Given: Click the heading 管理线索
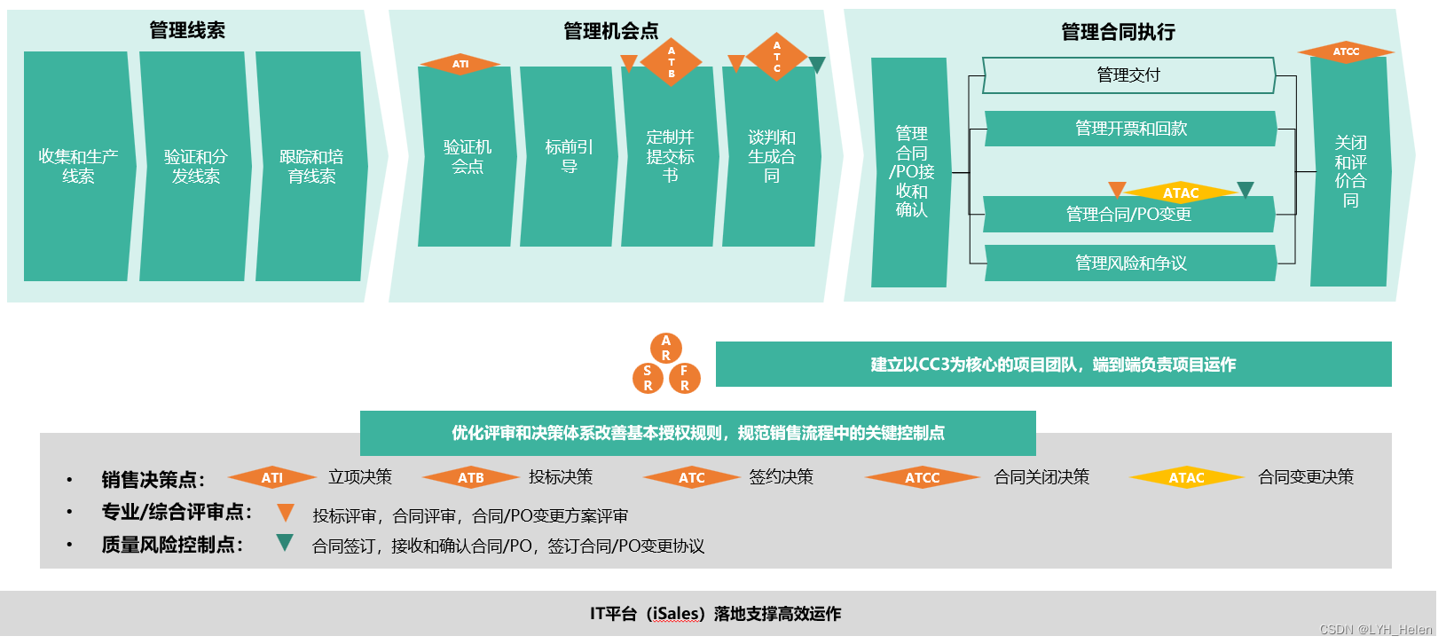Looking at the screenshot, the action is [x=187, y=30].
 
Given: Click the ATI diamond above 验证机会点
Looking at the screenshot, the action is [x=460, y=64].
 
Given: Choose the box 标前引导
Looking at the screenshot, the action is [x=568, y=157].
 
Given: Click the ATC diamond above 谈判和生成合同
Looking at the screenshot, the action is [x=776, y=57].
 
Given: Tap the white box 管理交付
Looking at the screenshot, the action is [x=1129, y=75].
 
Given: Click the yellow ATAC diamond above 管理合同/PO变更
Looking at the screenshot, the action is [x=1181, y=193].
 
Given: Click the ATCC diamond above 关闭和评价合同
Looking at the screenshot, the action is [x=1346, y=51].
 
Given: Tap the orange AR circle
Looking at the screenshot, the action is [x=666, y=349].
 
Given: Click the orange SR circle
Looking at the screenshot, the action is [x=648, y=379].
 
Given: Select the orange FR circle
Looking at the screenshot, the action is [x=684, y=379].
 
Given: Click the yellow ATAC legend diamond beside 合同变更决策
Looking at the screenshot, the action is [x=1186, y=477].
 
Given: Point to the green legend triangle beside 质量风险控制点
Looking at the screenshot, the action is [x=285, y=542].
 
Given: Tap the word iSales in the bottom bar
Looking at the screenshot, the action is [x=677, y=614].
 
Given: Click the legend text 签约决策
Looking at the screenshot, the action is [x=781, y=477].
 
